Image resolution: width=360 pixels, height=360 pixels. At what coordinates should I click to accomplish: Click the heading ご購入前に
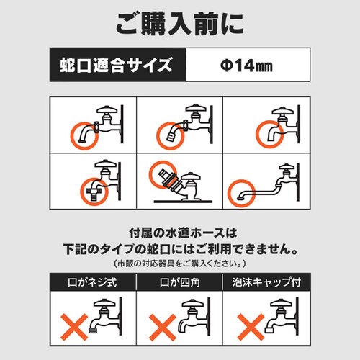180,24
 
